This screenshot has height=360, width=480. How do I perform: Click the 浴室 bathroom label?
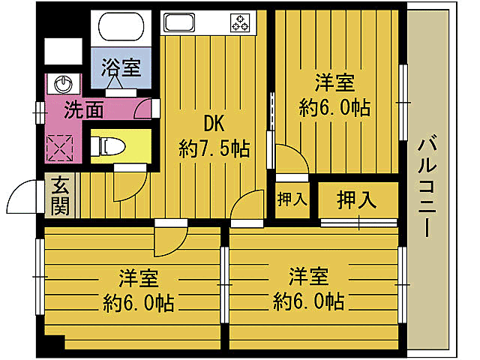(x=121, y=67)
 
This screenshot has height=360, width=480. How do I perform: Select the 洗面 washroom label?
(x=83, y=110)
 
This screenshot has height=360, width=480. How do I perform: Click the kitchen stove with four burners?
(x=240, y=22)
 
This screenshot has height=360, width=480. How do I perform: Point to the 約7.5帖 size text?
(x=214, y=148)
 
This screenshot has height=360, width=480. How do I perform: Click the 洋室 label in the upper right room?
(x=334, y=82)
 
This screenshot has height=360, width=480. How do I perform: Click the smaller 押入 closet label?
(x=292, y=199)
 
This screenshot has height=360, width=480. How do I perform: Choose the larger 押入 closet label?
(x=356, y=199)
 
